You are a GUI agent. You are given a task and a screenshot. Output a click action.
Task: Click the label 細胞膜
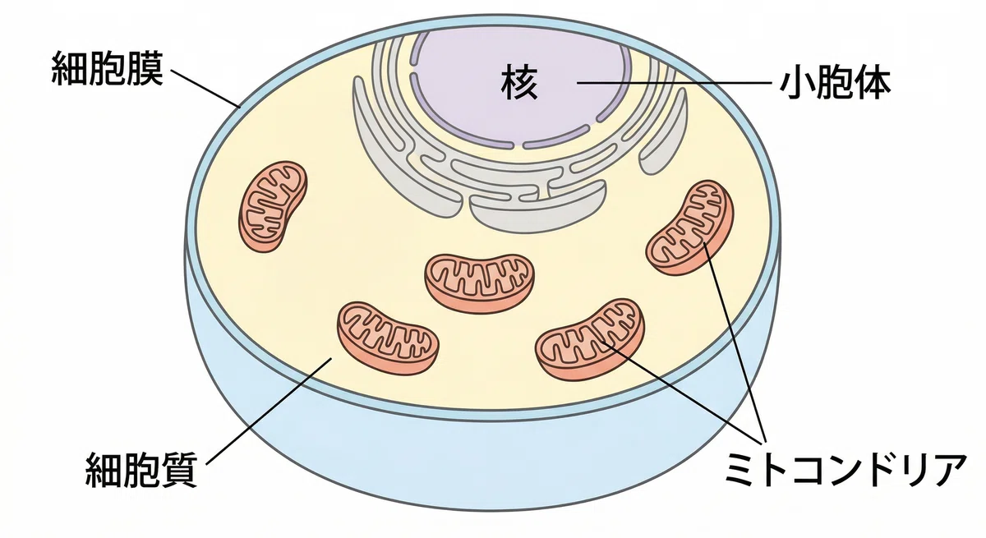click(108, 69)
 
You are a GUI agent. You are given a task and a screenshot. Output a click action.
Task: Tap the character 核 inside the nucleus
click(519, 82)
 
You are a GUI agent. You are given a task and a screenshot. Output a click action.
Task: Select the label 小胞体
click(836, 84)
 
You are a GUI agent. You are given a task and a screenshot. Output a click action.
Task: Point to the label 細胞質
click(141, 470)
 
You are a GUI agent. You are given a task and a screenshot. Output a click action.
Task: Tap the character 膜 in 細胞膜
click(145, 69)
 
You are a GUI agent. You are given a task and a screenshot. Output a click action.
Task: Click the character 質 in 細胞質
click(179, 470)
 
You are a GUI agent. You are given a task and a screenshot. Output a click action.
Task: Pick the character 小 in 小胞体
click(798, 84)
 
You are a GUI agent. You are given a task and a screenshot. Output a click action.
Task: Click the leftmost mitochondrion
click(273, 206)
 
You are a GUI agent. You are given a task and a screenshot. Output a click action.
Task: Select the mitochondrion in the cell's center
click(479, 283)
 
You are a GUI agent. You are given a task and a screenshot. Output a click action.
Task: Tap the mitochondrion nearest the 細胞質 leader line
click(388, 338)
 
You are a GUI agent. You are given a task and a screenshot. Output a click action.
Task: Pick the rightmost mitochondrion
click(689, 227)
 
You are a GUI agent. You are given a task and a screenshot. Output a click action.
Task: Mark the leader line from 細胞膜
click(205, 89)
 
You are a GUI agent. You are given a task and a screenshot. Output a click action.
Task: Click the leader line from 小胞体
click(674, 83)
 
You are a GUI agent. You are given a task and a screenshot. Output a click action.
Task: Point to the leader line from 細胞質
click(269, 411)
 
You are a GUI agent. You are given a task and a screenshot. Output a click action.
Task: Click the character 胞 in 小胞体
click(836, 84)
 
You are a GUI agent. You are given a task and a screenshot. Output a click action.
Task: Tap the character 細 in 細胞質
click(103, 470)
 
